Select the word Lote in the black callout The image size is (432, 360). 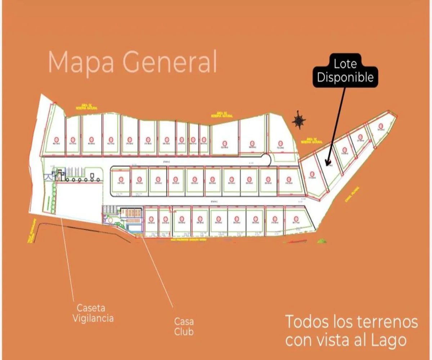coord(345,64)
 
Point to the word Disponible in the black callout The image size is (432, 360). coord(345,77)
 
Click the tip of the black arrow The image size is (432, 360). coord(326,165)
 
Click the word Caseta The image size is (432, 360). coord(91,308)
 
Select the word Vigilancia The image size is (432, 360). coord(93,318)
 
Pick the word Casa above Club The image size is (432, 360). coord(184,321)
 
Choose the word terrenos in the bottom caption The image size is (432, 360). coord(390,322)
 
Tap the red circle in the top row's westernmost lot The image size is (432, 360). coord(56,139)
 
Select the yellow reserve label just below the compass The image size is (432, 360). coord(314,140)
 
